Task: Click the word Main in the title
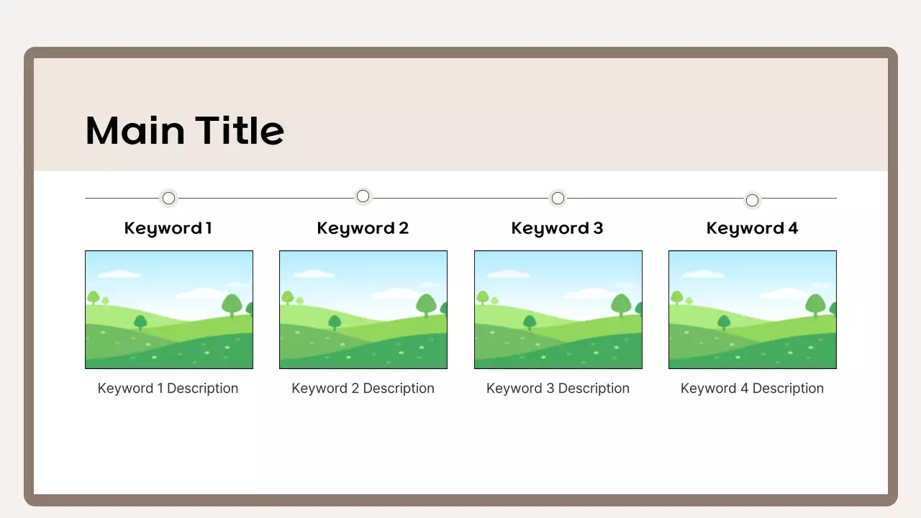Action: (x=135, y=131)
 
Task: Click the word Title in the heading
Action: (x=240, y=131)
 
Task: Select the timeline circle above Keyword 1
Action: (x=168, y=198)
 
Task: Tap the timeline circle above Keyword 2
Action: (x=363, y=196)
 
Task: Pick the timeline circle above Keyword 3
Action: (x=558, y=198)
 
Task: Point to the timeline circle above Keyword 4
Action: (x=752, y=200)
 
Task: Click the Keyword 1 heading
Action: (x=168, y=228)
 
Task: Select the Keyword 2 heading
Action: (x=363, y=228)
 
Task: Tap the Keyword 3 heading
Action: (x=557, y=228)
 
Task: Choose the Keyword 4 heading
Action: (x=752, y=228)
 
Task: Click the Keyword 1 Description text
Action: (x=168, y=388)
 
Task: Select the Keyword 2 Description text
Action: (x=363, y=388)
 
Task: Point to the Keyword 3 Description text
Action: (x=558, y=388)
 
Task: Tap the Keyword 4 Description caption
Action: (x=752, y=388)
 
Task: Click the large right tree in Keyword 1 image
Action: (x=232, y=304)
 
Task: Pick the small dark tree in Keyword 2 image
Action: (x=335, y=322)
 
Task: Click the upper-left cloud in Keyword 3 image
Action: (x=508, y=274)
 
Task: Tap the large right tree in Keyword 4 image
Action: (x=815, y=304)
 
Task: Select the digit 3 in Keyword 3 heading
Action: (x=598, y=228)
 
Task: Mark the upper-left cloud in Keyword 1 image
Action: (x=119, y=274)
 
